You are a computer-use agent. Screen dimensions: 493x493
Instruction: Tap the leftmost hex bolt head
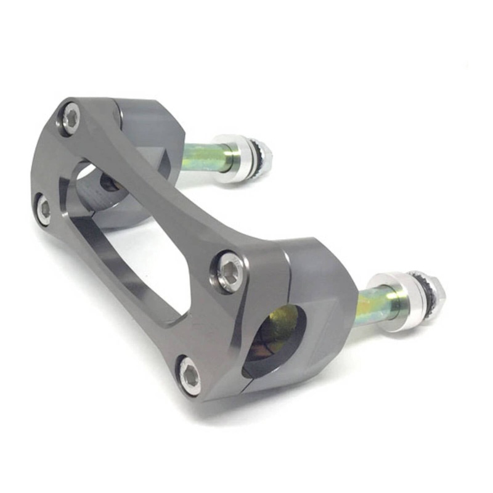point(43,210)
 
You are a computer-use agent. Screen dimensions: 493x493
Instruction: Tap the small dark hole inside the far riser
point(111,182)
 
